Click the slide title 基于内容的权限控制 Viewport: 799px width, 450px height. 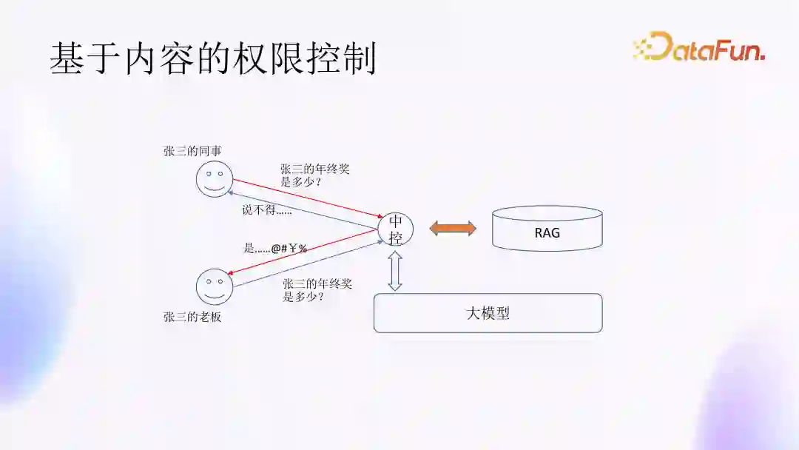[x=213, y=58]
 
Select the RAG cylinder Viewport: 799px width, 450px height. [x=547, y=229]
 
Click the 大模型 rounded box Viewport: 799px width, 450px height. [x=488, y=313]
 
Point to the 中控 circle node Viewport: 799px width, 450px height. [x=395, y=229]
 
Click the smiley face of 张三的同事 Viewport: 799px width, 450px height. [x=215, y=179]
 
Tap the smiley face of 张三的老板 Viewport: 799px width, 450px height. [x=215, y=287]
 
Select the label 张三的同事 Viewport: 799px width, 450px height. [x=192, y=151]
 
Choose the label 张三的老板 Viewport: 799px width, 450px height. [x=192, y=318]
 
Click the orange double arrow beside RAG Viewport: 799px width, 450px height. [x=454, y=229]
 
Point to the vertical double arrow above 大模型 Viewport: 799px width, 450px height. [x=395, y=270]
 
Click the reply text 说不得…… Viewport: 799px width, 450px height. [x=267, y=210]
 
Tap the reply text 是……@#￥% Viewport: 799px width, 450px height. [x=275, y=249]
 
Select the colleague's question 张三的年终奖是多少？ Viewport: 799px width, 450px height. [x=314, y=175]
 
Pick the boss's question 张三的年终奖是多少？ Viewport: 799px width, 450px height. [x=317, y=290]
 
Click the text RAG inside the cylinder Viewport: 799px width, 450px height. [x=547, y=232]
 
